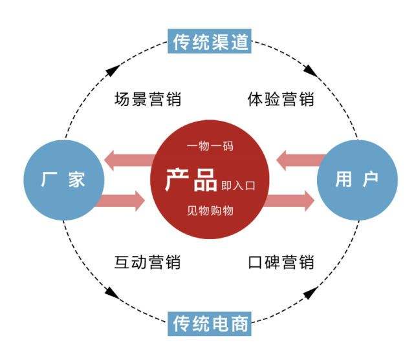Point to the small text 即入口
(x=238, y=184)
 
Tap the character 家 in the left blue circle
(x=77, y=180)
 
